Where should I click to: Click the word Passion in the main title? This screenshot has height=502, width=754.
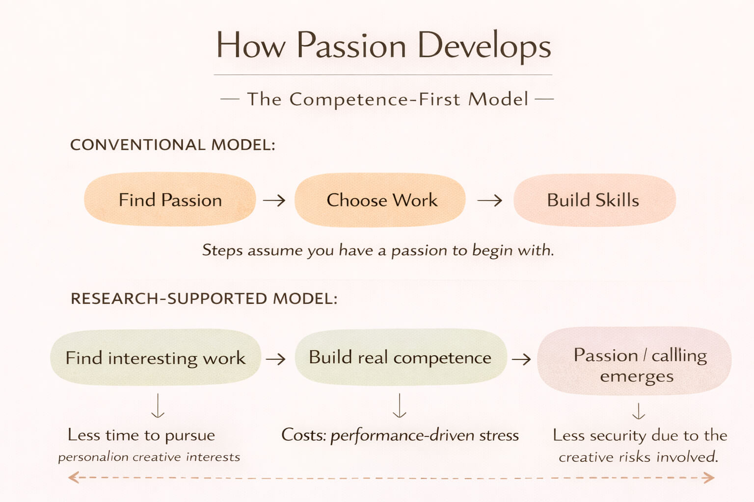[x=351, y=47]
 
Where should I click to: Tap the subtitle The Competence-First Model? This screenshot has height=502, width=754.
[x=387, y=99]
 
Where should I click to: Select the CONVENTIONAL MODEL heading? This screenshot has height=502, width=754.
[x=173, y=145]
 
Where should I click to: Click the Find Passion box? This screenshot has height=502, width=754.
[x=170, y=200]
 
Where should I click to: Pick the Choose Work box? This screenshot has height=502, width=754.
[x=381, y=200]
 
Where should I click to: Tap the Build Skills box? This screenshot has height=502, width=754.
[x=594, y=200]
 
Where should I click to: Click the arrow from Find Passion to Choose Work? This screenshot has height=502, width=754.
[x=274, y=200]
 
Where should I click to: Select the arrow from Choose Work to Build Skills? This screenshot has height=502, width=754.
[x=489, y=200]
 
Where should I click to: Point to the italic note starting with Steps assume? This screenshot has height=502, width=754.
[x=378, y=251]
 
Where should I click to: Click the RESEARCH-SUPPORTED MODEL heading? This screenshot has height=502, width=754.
[x=204, y=299]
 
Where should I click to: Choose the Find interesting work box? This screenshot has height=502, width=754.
[x=155, y=358]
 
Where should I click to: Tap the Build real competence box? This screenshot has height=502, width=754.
[x=400, y=357]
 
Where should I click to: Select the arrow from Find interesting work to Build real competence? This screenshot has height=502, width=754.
[x=276, y=359]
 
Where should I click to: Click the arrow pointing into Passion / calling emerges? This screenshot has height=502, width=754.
[x=521, y=359]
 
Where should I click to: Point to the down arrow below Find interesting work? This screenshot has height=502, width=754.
[x=158, y=405]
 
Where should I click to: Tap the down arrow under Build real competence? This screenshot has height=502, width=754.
[x=400, y=405]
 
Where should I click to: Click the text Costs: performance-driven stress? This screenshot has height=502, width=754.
[x=400, y=435]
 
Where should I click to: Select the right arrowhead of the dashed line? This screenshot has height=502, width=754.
[x=708, y=477]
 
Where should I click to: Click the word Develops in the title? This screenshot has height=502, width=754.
[x=485, y=47]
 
